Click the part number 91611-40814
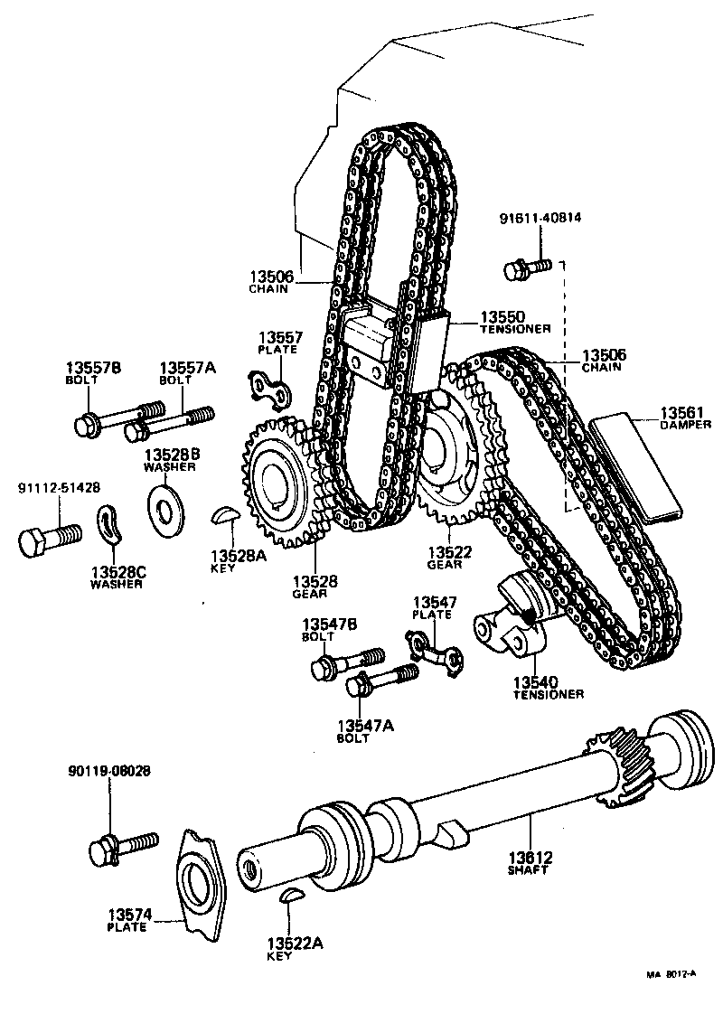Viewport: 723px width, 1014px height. pyautogui.click(x=540, y=219)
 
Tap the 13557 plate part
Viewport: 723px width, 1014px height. pyautogui.click(x=268, y=387)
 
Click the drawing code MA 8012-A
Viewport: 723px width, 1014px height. pyautogui.click(x=671, y=975)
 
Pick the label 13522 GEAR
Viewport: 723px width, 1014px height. pyautogui.click(x=445, y=557)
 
